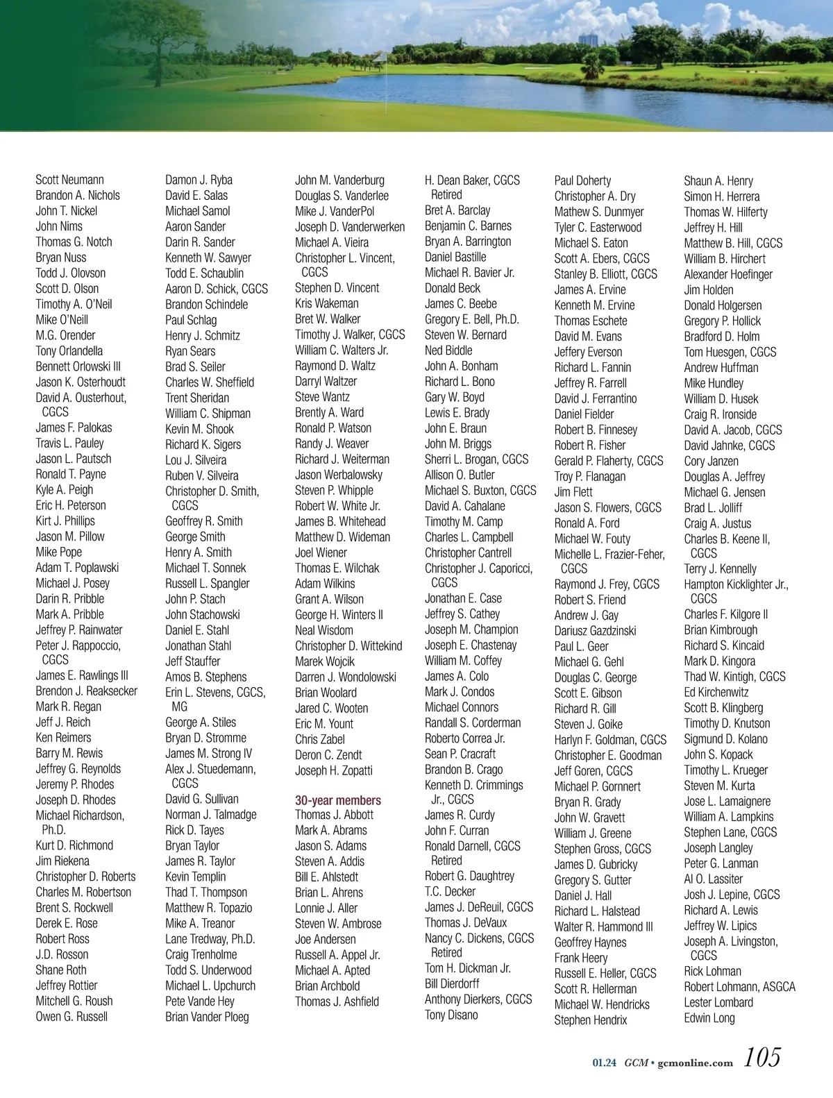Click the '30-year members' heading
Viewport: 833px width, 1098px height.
(337, 800)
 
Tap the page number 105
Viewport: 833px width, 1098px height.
(762, 1058)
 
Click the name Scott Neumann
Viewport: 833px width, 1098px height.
(69, 180)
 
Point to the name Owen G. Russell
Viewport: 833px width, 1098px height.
(71, 1017)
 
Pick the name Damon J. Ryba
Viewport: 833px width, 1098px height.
(199, 180)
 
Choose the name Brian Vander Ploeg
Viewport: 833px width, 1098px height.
(207, 1017)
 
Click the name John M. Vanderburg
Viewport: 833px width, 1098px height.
(339, 180)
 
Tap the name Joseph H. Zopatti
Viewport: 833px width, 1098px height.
(334, 770)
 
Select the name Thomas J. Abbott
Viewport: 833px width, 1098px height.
(334, 815)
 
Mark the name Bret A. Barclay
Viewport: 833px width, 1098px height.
(457, 210)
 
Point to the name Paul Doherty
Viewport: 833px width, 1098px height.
(582, 180)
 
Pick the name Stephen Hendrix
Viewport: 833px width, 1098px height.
(590, 1020)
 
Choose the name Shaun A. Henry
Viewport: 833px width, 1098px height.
(718, 180)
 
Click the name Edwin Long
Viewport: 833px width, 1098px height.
(709, 1018)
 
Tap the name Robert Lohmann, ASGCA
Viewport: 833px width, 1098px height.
(739, 987)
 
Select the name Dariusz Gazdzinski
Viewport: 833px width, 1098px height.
(595, 631)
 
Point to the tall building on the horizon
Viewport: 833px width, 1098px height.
(589, 40)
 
